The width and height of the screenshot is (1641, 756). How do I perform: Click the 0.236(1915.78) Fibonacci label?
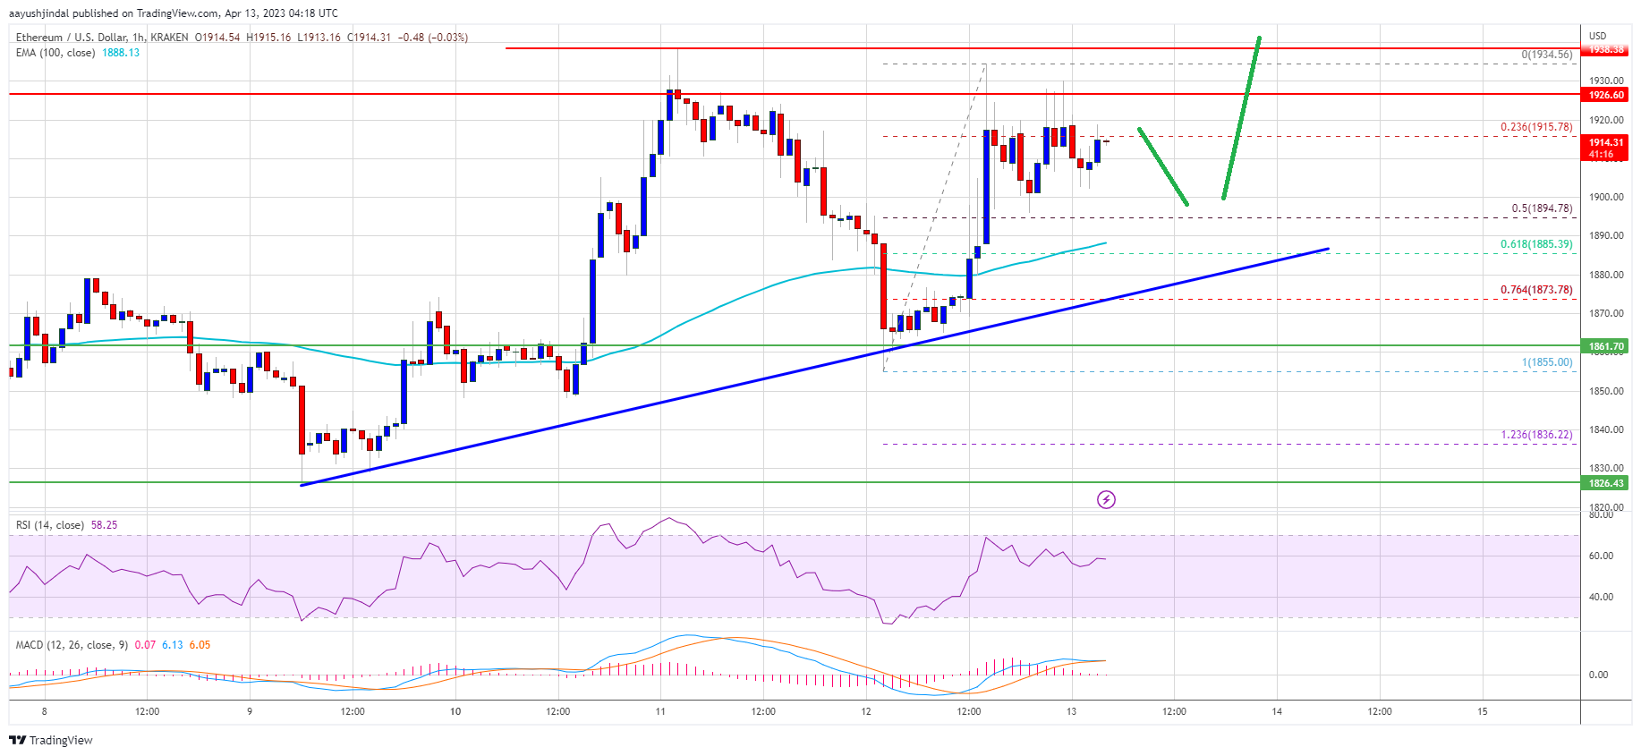click(x=1535, y=127)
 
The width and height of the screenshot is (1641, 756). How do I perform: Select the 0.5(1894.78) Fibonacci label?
click(x=1541, y=208)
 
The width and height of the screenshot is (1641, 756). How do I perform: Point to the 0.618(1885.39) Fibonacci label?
click(x=1535, y=244)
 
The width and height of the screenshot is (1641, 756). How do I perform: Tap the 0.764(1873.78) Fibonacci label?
click(x=1535, y=290)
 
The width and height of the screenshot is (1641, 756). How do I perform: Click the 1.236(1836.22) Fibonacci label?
click(x=1535, y=435)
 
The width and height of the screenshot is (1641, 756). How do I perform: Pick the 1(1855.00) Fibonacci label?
click(x=1546, y=362)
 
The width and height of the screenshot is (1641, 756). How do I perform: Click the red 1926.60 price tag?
click(x=1606, y=95)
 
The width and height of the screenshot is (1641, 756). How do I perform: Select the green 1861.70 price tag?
click(x=1606, y=346)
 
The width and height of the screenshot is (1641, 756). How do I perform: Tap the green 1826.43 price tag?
click(x=1606, y=483)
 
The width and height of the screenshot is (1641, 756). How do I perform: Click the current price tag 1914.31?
click(x=1606, y=143)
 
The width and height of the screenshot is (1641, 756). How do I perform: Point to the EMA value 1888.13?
click(x=121, y=53)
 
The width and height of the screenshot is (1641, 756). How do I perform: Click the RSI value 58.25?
click(x=104, y=525)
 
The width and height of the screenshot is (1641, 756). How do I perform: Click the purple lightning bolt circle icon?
click(x=1106, y=499)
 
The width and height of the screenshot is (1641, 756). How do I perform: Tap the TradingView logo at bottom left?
click(x=51, y=740)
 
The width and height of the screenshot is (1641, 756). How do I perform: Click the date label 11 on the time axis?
click(x=660, y=712)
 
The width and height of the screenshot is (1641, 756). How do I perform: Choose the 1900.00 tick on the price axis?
click(x=1605, y=197)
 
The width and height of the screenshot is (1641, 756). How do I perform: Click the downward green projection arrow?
click(x=1163, y=167)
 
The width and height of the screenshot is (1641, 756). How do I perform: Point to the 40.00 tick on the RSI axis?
click(x=1601, y=597)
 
